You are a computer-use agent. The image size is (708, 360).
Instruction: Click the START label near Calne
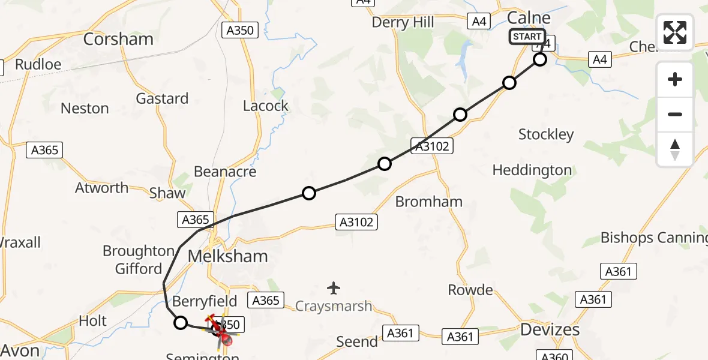(x=527, y=37)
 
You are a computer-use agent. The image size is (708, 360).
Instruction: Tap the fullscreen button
(x=675, y=32)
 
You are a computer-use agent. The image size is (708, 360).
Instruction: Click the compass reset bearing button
(x=675, y=149)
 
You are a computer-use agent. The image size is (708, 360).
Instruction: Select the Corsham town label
(x=118, y=39)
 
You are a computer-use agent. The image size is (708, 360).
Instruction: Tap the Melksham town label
(x=227, y=256)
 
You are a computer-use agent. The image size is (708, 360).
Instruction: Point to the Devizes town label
(x=550, y=329)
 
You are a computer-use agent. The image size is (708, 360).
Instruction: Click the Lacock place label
(x=266, y=106)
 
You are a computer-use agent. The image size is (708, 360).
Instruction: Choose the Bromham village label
(x=429, y=202)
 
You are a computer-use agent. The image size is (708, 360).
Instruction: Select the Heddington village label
(x=532, y=170)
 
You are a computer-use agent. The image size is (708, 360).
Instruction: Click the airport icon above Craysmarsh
(x=334, y=288)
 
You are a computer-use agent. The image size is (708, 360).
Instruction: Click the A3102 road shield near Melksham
(x=356, y=222)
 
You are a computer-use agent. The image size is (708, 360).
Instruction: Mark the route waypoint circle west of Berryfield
(x=181, y=323)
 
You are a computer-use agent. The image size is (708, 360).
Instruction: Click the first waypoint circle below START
(x=540, y=59)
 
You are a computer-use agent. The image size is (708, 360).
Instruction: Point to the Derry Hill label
(x=403, y=23)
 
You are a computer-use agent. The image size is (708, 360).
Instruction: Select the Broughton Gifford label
(x=139, y=259)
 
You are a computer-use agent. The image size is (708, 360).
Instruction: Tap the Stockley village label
(x=546, y=134)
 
